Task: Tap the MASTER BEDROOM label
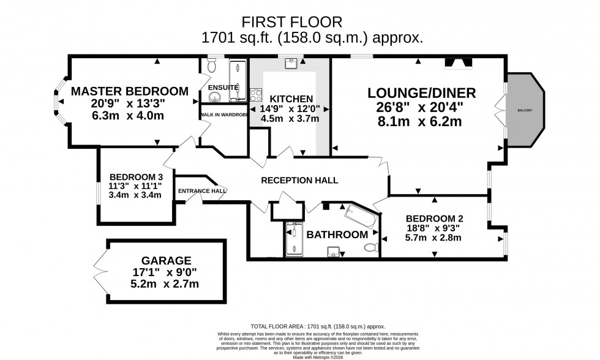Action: point(129,91)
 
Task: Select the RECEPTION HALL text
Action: point(299,180)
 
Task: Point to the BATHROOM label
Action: point(337,234)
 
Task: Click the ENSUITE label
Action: point(223,88)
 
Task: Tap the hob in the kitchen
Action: point(255,96)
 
